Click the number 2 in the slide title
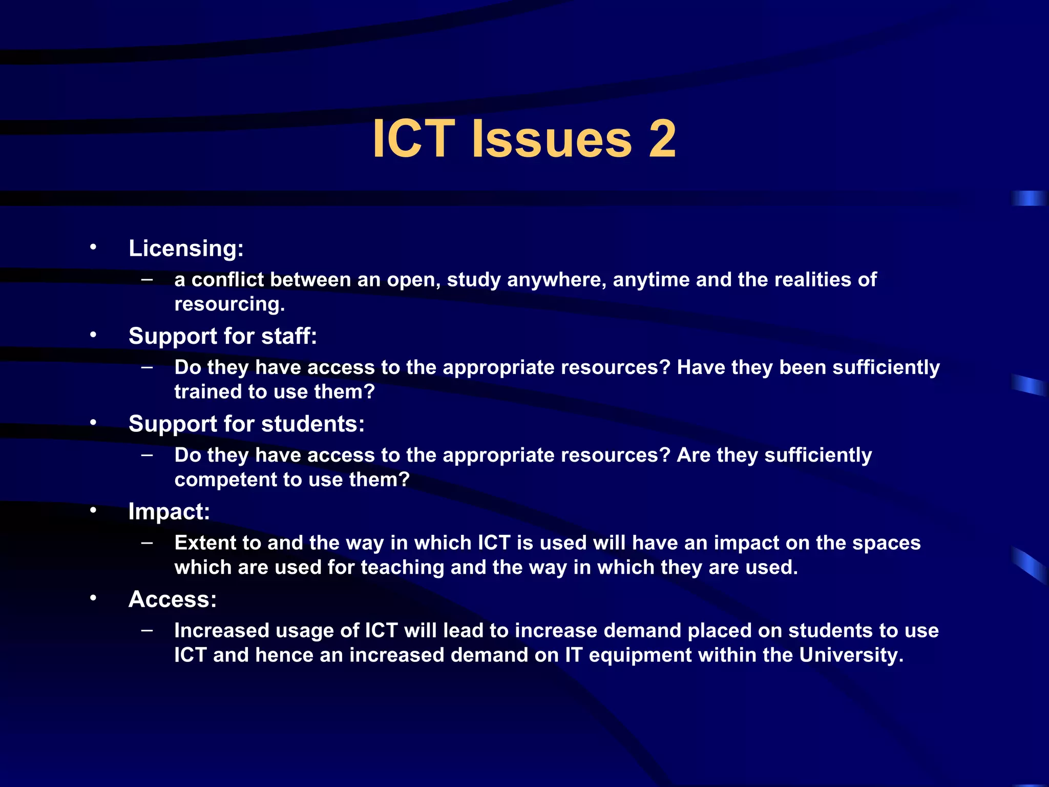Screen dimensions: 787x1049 pyautogui.click(x=662, y=139)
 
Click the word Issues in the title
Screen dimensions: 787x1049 pyautogui.click(x=552, y=139)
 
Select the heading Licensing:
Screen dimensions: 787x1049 pyautogui.click(x=186, y=248)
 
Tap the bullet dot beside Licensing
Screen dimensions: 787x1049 pyautogui.click(x=93, y=247)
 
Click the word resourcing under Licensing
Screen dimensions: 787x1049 pyautogui.click(x=229, y=304)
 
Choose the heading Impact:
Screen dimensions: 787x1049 pyautogui.click(x=169, y=512)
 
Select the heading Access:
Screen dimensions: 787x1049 pyautogui.click(x=173, y=599)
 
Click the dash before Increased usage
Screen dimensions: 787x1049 pyautogui.click(x=147, y=630)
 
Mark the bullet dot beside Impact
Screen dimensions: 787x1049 pyautogui.click(x=93, y=511)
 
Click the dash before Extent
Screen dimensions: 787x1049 pyautogui.click(x=147, y=542)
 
